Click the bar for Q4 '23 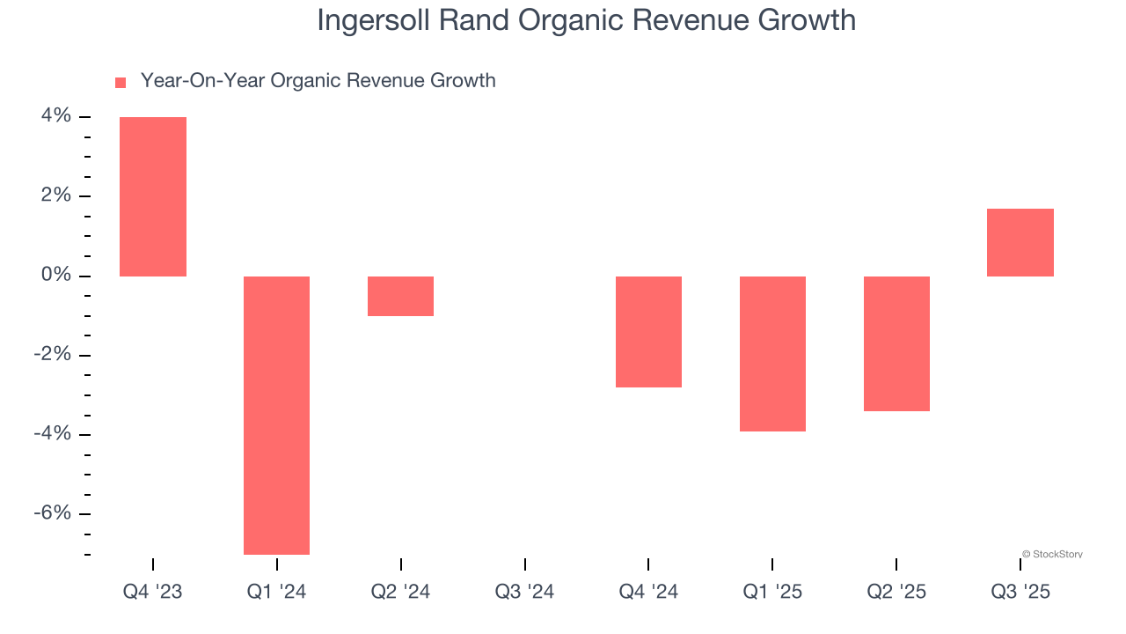point(153,196)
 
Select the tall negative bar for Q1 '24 point(276,415)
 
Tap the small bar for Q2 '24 point(400,296)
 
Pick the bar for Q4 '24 point(648,332)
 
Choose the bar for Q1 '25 point(772,354)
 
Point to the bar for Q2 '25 point(896,343)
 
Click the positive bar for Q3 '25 point(1020,242)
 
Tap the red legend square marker point(121,83)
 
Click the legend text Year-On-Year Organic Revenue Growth point(318,81)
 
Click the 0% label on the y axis point(55,276)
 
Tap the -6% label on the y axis point(52,513)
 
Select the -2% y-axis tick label point(52,355)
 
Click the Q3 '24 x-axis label point(524,592)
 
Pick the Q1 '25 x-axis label point(772,592)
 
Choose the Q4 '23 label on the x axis point(153,592)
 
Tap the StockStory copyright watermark point(1052,555)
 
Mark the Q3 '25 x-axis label point(1020,592)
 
